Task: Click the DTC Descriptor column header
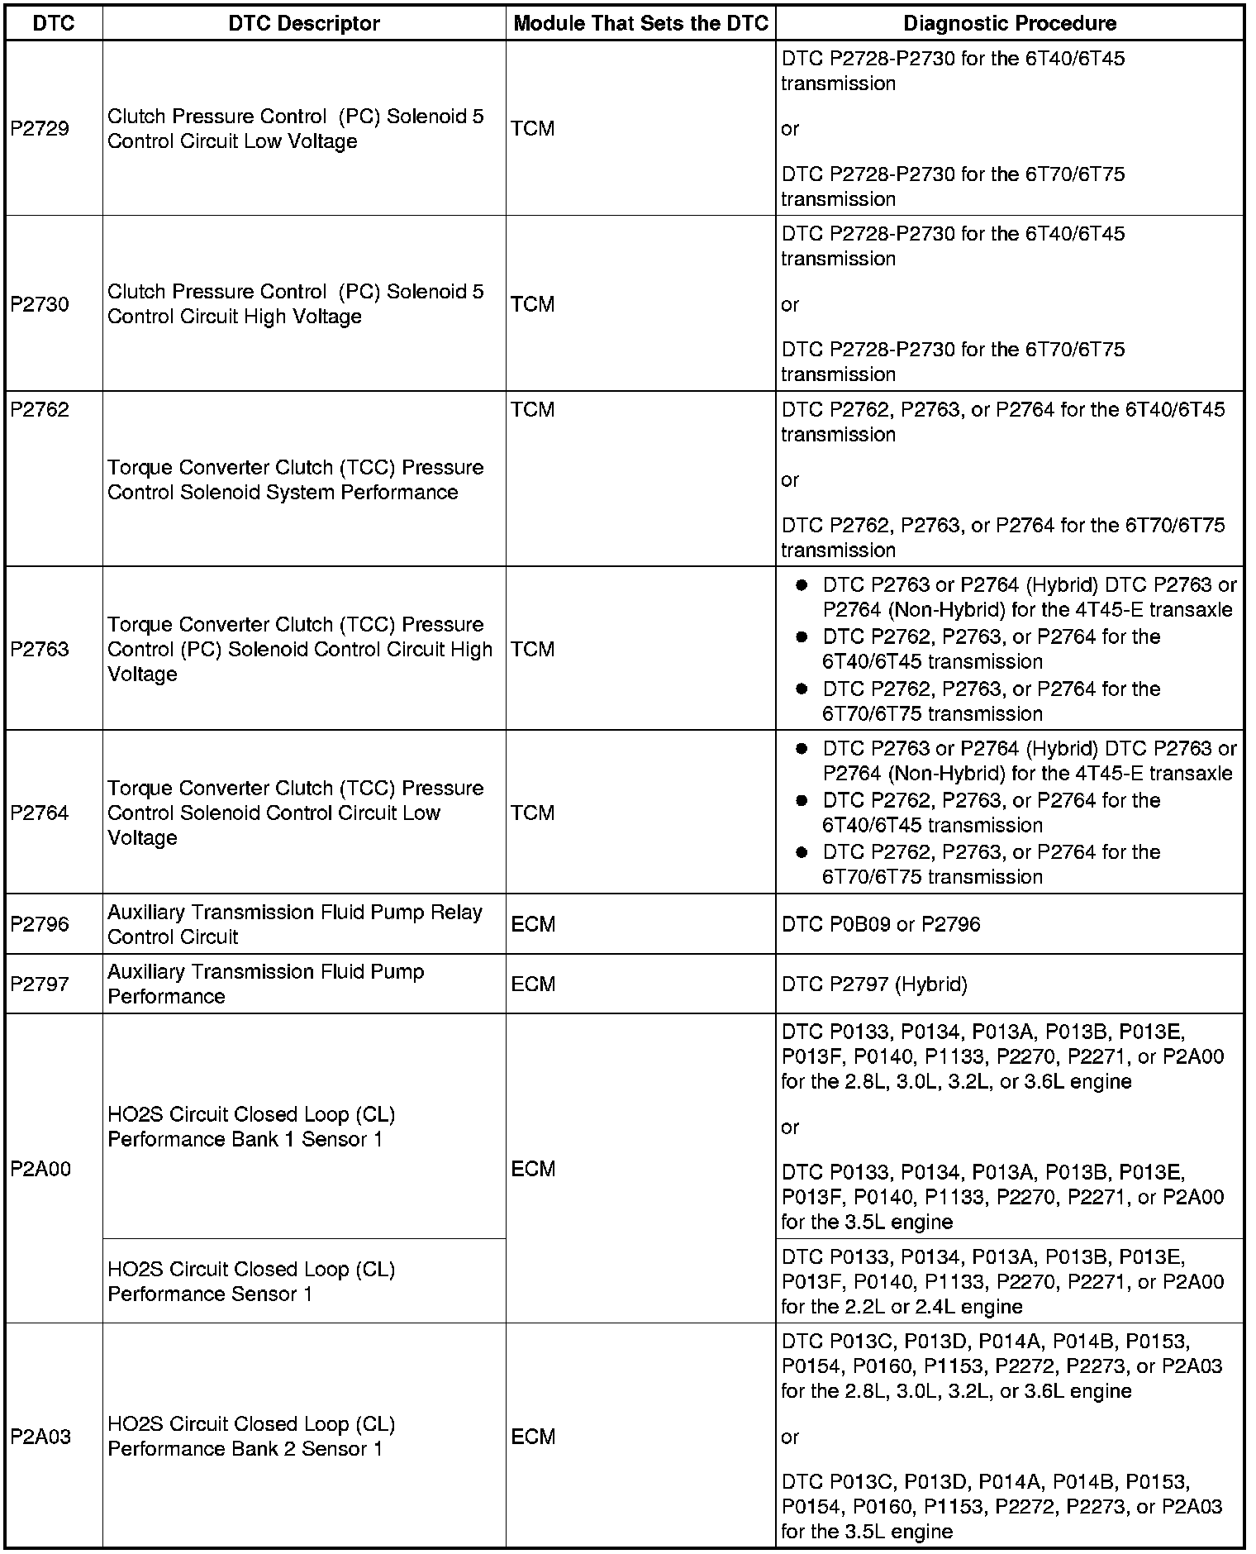coord(304,23)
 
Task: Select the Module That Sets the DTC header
coord(640,23)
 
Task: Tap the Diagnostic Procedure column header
coord(1010,23)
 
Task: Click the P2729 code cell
coord(40,129)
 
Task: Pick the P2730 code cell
coord(40,304)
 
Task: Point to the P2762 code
coord(40,410)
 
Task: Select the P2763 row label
coord(40,649)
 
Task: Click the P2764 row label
coord(40,813)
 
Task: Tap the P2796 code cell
coord(40,924)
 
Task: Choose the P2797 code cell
coord(40,984)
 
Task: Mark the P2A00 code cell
coord(40,1169)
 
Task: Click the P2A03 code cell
coord(40,1437)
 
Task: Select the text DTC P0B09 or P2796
coord(881,924)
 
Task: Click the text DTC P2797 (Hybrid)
coord(874,984)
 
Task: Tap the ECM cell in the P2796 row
coord(533,924)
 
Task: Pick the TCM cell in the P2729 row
coord(533,129)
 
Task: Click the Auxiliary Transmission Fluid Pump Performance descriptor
coord(265,984)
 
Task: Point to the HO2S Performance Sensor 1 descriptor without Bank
coord(251,1281)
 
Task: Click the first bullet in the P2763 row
coord(801,585)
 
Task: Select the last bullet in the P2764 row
coord(801,852)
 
